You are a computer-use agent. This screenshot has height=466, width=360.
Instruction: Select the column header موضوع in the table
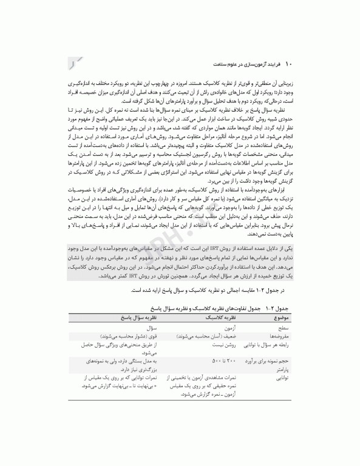click(x=283, y=317)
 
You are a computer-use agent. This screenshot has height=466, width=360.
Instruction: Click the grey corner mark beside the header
click(x=73, y=61)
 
